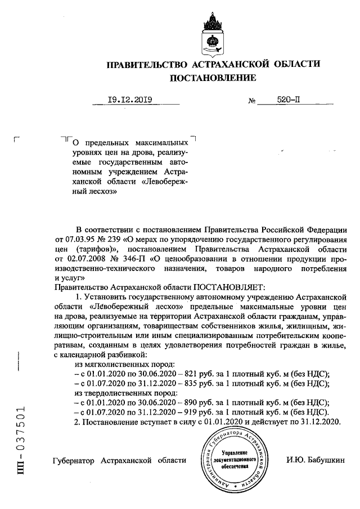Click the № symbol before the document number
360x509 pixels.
click(251, 102)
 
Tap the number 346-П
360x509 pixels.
click(137, 258)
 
